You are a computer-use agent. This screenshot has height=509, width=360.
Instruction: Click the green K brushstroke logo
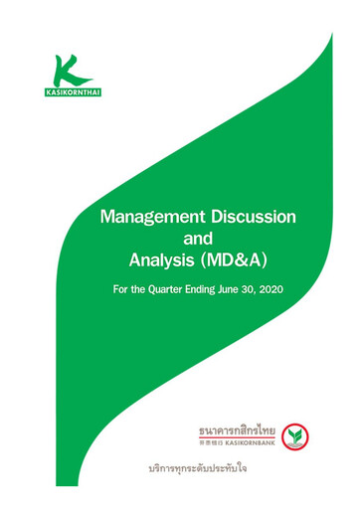pos(68,70)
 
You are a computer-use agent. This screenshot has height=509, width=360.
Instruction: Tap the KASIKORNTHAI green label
pos(69,93)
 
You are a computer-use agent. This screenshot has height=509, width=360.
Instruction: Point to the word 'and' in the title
pos(206,240)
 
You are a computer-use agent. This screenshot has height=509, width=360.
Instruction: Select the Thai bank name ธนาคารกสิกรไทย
pos(235,430)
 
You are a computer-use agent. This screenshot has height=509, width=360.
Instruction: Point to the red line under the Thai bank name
pos(235,439)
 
